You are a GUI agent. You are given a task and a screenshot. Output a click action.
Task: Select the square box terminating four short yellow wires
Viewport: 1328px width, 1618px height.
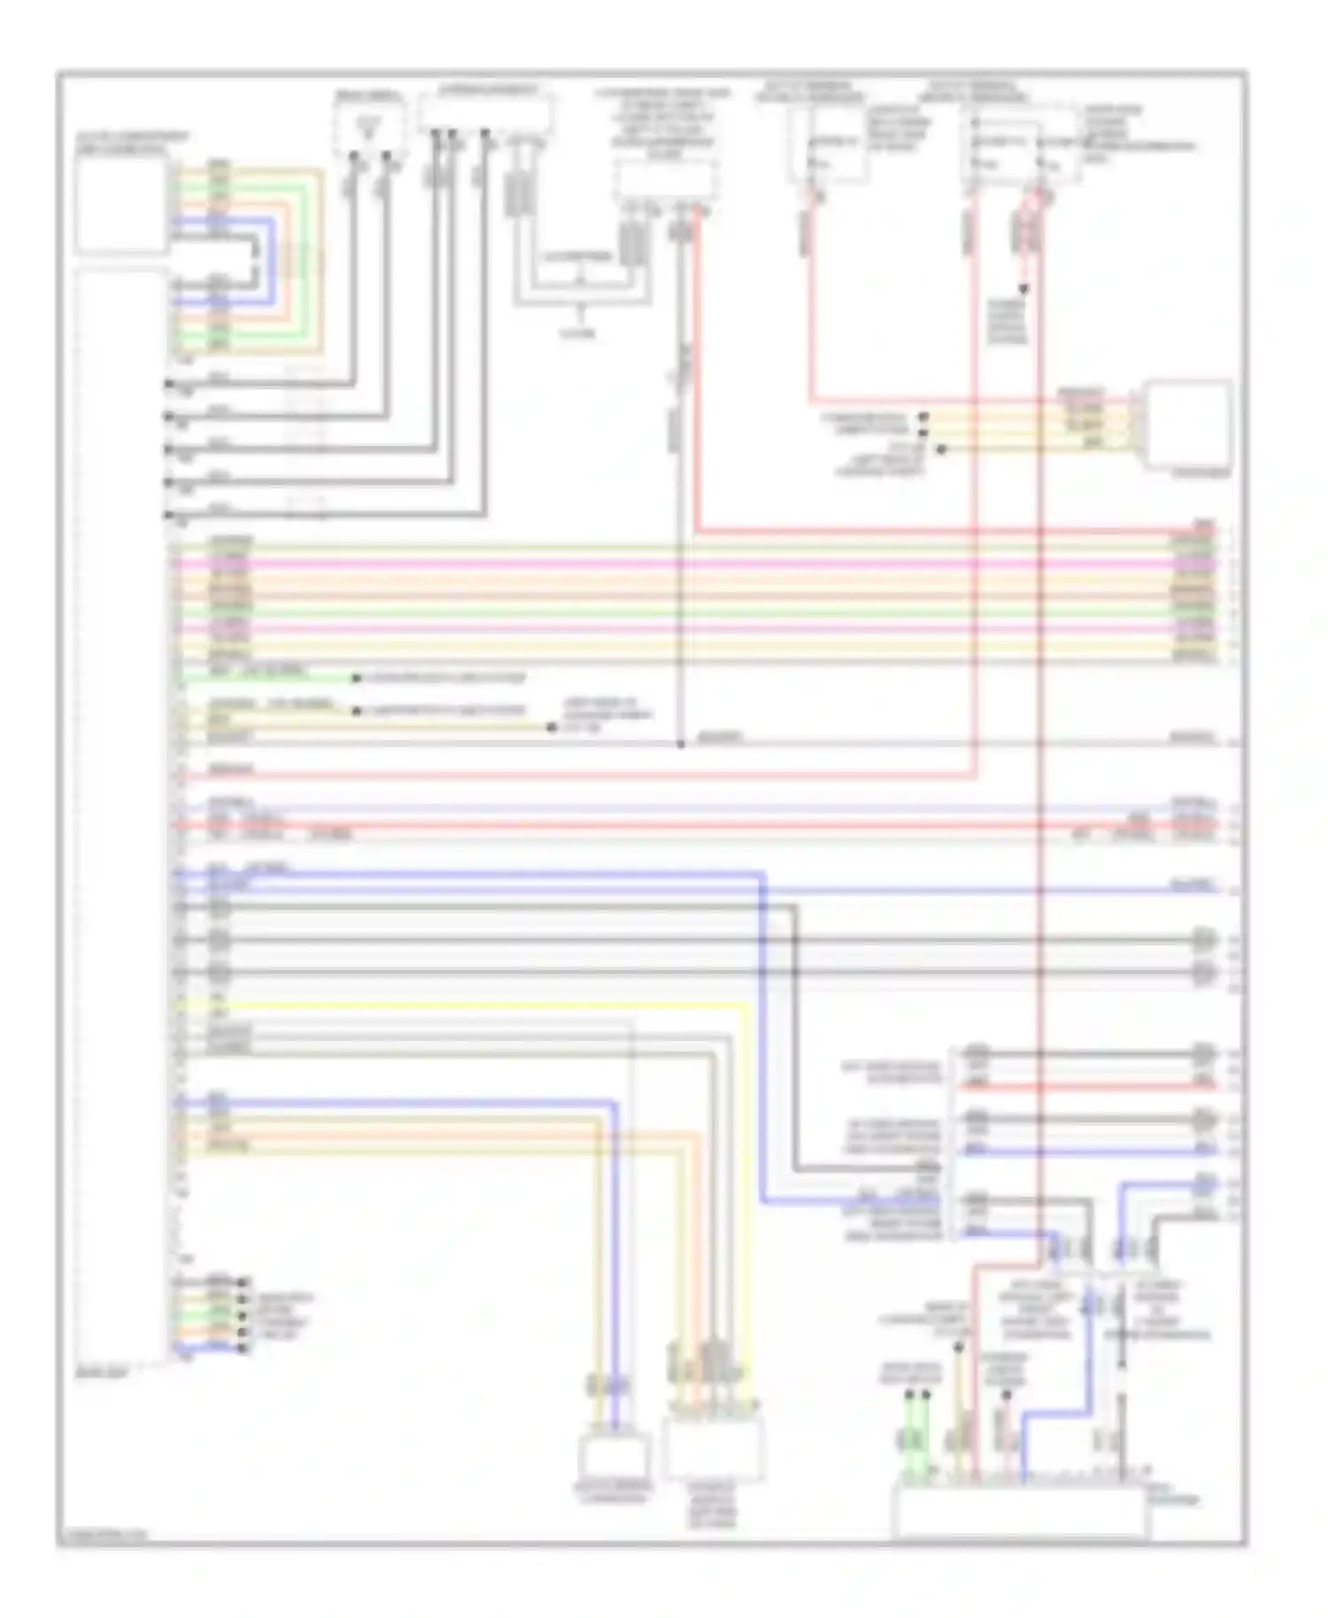[x=1187, y=424]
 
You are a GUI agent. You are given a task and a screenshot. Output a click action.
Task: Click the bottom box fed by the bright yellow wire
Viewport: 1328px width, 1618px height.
[x=714, y=1446]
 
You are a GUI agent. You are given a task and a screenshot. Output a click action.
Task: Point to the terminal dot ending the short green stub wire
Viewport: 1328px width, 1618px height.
[x=356, y=678]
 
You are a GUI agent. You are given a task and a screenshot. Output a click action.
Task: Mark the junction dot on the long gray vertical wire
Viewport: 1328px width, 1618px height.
[x=681, y=744]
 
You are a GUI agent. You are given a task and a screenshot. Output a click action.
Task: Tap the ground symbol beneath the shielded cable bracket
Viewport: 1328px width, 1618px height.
[x=580, y=315]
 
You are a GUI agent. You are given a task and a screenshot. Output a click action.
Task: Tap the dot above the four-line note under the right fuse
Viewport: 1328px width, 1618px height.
[x=1023, y=289]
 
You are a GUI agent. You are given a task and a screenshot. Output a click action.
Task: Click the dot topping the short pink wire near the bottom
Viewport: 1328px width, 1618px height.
[x=1006, y=1395]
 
